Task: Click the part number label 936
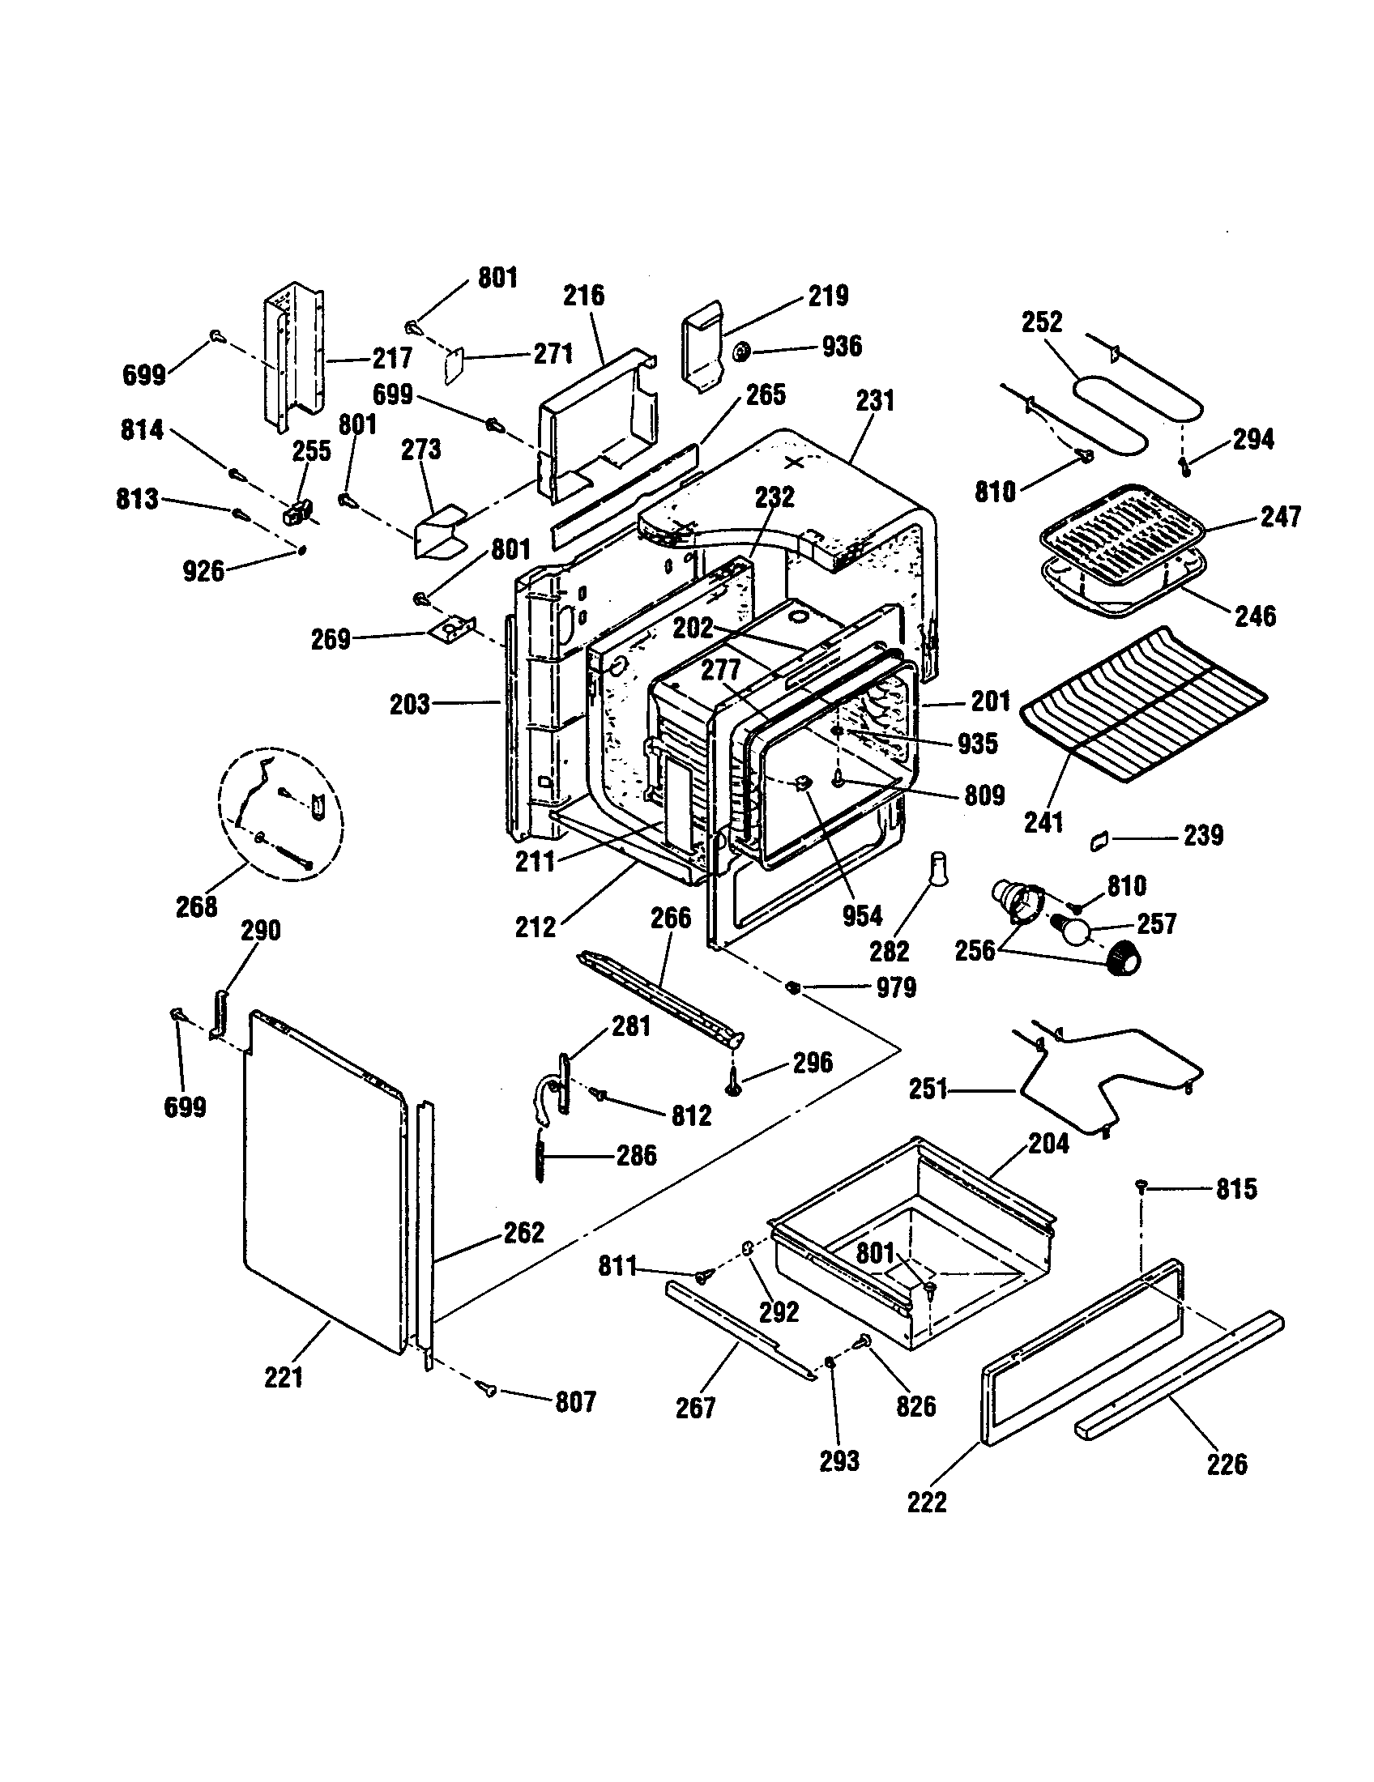pyautogui.click(x=841, y=347)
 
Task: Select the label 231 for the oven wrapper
pyautogui.click(x=875, y=401)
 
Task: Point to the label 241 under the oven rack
pyautogui.click(x=1043, y=822)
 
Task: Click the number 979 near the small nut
pyautogui.click(x=896, y=988)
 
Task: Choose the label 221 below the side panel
pyautogui.click(x=283, y=1377)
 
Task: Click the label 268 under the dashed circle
pyautogui.click(x=197, y=906)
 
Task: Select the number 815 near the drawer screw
pyautogui.click(x=1236, y=1189)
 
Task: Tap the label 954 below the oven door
pyautogui.click(x=862, y=915)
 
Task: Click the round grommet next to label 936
pyautogui.click(x=742, y=352)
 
